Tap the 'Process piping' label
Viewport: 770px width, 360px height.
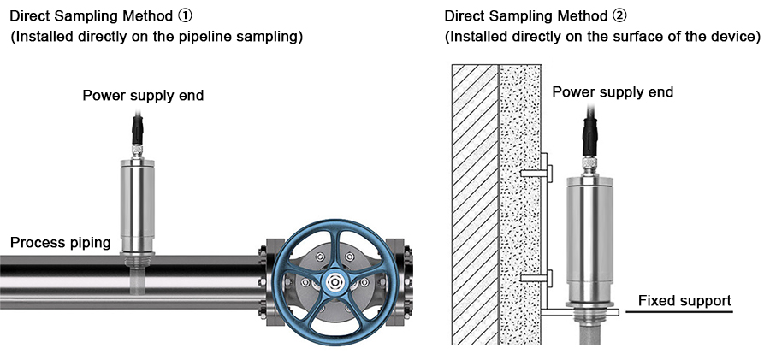click(60, 243)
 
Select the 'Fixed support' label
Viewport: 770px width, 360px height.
click(684, 301)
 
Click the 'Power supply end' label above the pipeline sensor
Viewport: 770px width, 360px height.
click(143, 95)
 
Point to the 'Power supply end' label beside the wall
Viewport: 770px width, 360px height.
click(613, 92)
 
